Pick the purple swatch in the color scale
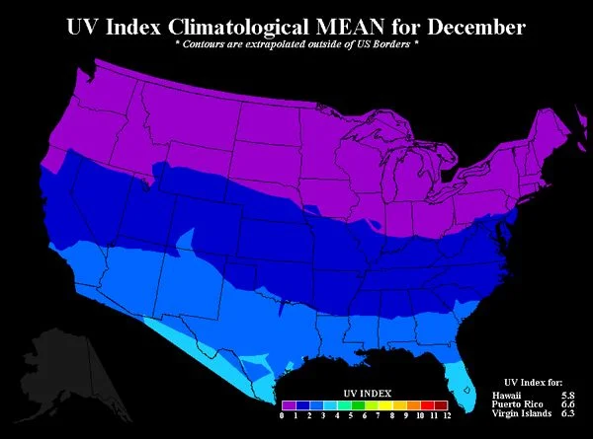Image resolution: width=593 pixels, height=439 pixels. (289, 404)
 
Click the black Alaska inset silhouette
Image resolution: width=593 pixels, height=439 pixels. (59, 365)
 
